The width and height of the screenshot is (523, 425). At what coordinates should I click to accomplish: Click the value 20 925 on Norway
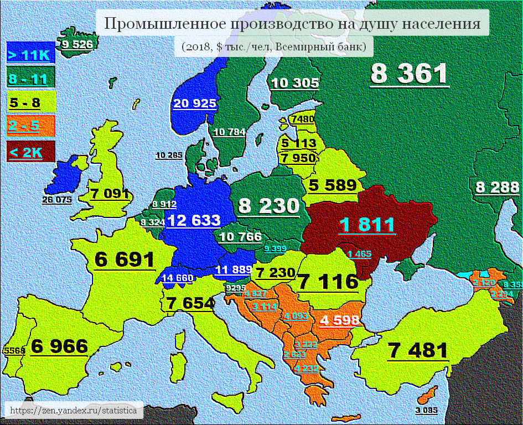click(194, 103)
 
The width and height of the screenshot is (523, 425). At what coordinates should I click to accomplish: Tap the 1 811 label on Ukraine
click(367, 225)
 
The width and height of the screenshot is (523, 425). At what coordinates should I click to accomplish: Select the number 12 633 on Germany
click(194, 220)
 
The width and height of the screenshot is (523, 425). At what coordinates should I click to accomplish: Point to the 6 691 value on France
click(125, 260)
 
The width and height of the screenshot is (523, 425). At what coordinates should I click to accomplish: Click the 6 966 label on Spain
click(59, 346)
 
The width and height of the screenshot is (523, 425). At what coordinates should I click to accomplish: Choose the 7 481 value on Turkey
click(417, 350)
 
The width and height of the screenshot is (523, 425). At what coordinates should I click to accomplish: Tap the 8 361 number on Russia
click(409, 74)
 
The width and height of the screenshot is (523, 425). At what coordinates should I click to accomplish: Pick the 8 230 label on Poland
click(268, 206)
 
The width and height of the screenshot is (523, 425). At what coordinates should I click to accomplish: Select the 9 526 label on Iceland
click(77, 45)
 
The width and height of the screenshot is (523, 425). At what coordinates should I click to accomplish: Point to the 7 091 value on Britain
click(110, 194)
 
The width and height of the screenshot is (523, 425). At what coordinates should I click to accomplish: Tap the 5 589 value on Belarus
click(333, 185)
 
